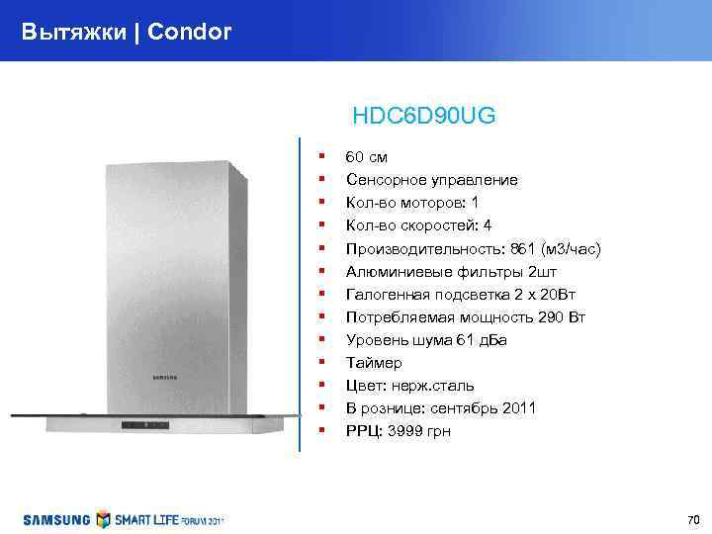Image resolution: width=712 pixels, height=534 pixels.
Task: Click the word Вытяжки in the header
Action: pos(74,32)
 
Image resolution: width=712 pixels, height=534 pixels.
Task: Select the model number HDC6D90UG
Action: pos(423,117)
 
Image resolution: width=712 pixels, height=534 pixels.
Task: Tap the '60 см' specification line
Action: pos(366,157)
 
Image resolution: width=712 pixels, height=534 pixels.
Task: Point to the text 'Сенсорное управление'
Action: pos(431,180)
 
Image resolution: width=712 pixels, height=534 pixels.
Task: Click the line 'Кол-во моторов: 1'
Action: pos(411,203)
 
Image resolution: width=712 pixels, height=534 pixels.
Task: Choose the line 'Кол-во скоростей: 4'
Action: pos(418,225)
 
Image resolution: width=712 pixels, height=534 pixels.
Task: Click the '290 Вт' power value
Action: pos(562,316)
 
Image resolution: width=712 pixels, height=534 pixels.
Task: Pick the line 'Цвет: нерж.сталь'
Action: pos(409,385)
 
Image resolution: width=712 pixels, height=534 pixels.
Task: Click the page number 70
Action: pos(692,520)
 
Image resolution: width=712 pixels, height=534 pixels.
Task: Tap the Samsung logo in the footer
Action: pos(57,519)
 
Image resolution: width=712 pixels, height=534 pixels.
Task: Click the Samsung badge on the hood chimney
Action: pos(164,376)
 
